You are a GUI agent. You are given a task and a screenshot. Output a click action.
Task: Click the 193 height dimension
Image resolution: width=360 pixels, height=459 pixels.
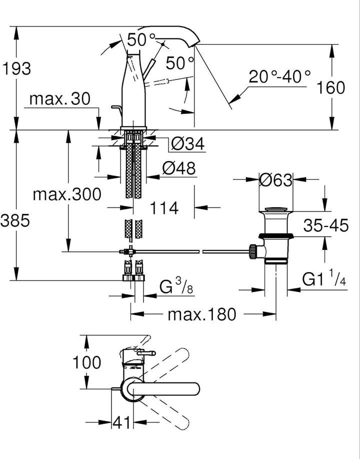[x=16, y=69]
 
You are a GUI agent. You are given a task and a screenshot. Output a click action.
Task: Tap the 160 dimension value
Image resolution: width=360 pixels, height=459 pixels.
[x=331, y=87]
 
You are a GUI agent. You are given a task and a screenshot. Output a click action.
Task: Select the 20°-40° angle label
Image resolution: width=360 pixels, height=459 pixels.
[x=279, y=76]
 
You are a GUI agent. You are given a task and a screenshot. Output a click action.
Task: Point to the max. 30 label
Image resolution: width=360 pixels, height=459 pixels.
[x=60, y=99]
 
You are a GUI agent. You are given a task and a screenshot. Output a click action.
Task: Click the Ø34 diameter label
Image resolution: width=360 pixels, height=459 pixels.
[x=188, y=143]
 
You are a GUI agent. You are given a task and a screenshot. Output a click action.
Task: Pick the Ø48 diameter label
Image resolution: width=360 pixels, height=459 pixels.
[x=179, y=168]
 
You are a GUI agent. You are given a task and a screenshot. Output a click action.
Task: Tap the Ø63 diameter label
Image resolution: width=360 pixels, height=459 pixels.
[x=275, y=179]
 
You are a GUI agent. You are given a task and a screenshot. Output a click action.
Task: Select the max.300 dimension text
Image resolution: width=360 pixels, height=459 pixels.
[x=67, y=194]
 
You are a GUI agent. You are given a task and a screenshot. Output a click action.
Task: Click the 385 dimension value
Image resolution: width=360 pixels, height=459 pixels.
[x=15, y=220]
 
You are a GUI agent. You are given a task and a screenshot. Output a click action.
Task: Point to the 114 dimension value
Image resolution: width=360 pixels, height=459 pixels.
[x=164, y=208]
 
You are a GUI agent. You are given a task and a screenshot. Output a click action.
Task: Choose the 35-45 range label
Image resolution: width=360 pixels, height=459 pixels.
[x=326, y=225]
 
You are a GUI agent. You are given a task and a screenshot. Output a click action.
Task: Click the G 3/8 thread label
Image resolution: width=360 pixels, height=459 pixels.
[x=176, y=285]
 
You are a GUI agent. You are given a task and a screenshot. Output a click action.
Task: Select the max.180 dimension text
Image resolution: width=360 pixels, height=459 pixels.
[x=201, y=314]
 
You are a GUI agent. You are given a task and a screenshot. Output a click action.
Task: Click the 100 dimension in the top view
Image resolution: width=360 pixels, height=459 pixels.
[x=86, y=362]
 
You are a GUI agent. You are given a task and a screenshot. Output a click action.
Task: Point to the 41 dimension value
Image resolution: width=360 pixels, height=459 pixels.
[x=121, y=422]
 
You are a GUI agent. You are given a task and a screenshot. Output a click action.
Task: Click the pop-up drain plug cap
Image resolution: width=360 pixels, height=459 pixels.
[x=276, y=209]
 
